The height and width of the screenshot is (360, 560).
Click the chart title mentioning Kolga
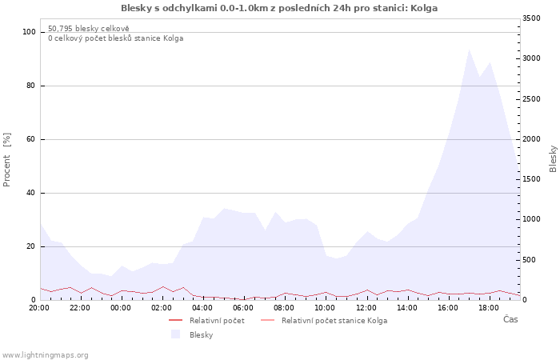tap(279, 8)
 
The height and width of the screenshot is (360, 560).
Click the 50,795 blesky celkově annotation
tap(89, 29)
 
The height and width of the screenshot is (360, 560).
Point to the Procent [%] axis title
tap(6, 160)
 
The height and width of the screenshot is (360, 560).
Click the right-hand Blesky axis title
tap(553, 158)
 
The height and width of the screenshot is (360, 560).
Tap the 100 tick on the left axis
tap(29, 32)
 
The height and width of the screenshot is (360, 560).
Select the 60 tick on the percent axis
tap(30, 139)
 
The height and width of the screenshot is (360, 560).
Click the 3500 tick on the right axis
tap(531, 18)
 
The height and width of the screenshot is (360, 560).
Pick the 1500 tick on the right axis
tap(531, 179)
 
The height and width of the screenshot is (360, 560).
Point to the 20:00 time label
tap(39, 308)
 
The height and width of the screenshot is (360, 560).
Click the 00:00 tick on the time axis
tap(121, 308)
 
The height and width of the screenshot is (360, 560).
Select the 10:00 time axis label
tap(325, 308)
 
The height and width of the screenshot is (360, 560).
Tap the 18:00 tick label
tap(489, 308)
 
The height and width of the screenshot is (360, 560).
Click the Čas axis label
tap(510, 319)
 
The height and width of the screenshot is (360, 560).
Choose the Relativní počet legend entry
tap(206, 321)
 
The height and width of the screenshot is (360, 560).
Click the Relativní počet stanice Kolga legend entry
tap(324, 321)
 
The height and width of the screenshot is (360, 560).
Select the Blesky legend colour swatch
tap(175, 334)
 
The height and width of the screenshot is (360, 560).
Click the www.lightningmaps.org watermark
tap(45, 355)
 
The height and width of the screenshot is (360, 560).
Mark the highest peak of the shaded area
tap(469, 50)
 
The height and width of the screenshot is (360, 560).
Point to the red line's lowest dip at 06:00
tap(243, 300)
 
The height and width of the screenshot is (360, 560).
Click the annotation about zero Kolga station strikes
tap(116, 38)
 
